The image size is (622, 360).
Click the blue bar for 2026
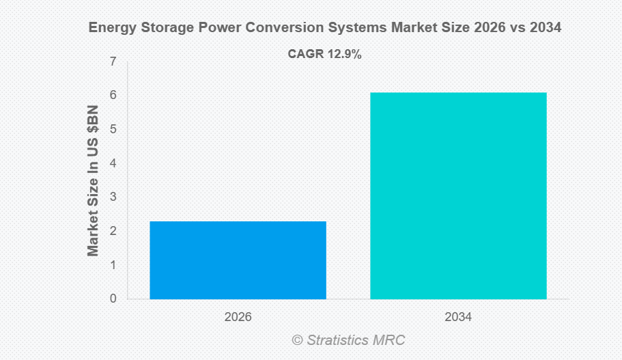238,260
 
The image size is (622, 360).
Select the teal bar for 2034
458,195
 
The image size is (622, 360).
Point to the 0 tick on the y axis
113,299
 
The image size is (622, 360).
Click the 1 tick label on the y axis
113,265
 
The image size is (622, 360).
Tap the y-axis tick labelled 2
113,231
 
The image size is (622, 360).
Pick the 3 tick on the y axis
113,197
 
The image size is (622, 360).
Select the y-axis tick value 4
113,163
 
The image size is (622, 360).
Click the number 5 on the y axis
113,129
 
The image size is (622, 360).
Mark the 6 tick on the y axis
113,96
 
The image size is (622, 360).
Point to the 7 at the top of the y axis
113,62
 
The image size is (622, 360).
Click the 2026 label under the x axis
238,317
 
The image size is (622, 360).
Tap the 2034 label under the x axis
458,317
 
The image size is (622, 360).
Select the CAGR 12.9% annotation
324,55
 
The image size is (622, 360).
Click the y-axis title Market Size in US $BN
94,181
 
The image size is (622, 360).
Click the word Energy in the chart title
111,29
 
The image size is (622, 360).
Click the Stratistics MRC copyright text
349,340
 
